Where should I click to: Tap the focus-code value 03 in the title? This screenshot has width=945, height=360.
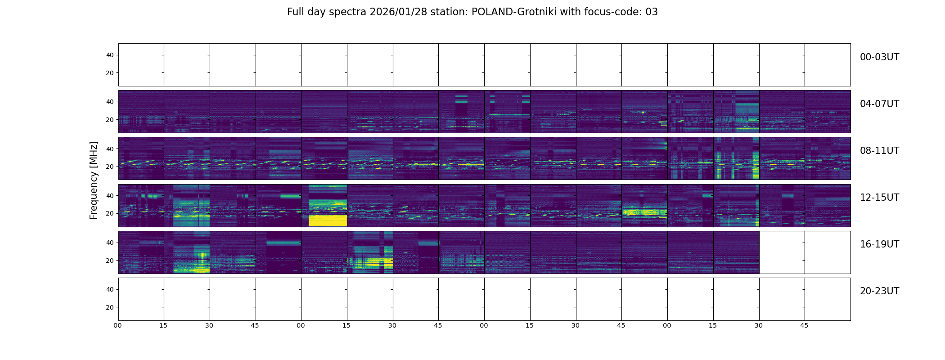652,12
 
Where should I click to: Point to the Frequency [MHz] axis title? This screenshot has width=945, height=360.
94,180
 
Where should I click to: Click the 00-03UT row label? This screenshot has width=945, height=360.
879,57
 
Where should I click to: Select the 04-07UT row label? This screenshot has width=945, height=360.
879,104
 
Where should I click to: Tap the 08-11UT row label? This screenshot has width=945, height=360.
879,151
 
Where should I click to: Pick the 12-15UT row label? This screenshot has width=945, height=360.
879,198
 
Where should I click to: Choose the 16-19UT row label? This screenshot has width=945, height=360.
879,244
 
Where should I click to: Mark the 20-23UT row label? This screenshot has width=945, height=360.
879,291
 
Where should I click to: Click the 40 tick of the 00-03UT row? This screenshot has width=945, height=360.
110,55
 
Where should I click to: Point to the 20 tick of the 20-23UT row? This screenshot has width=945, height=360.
110,307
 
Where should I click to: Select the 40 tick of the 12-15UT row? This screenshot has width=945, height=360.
110,196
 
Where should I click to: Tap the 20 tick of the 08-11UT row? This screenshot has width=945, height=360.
110,166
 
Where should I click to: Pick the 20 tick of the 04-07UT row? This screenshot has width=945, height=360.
110,120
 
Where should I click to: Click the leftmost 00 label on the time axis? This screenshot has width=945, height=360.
118,325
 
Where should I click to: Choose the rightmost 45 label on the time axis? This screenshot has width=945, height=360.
804,325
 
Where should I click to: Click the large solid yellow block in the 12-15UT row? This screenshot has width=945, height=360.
328,220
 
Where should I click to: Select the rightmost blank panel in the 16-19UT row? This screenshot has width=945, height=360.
828,252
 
